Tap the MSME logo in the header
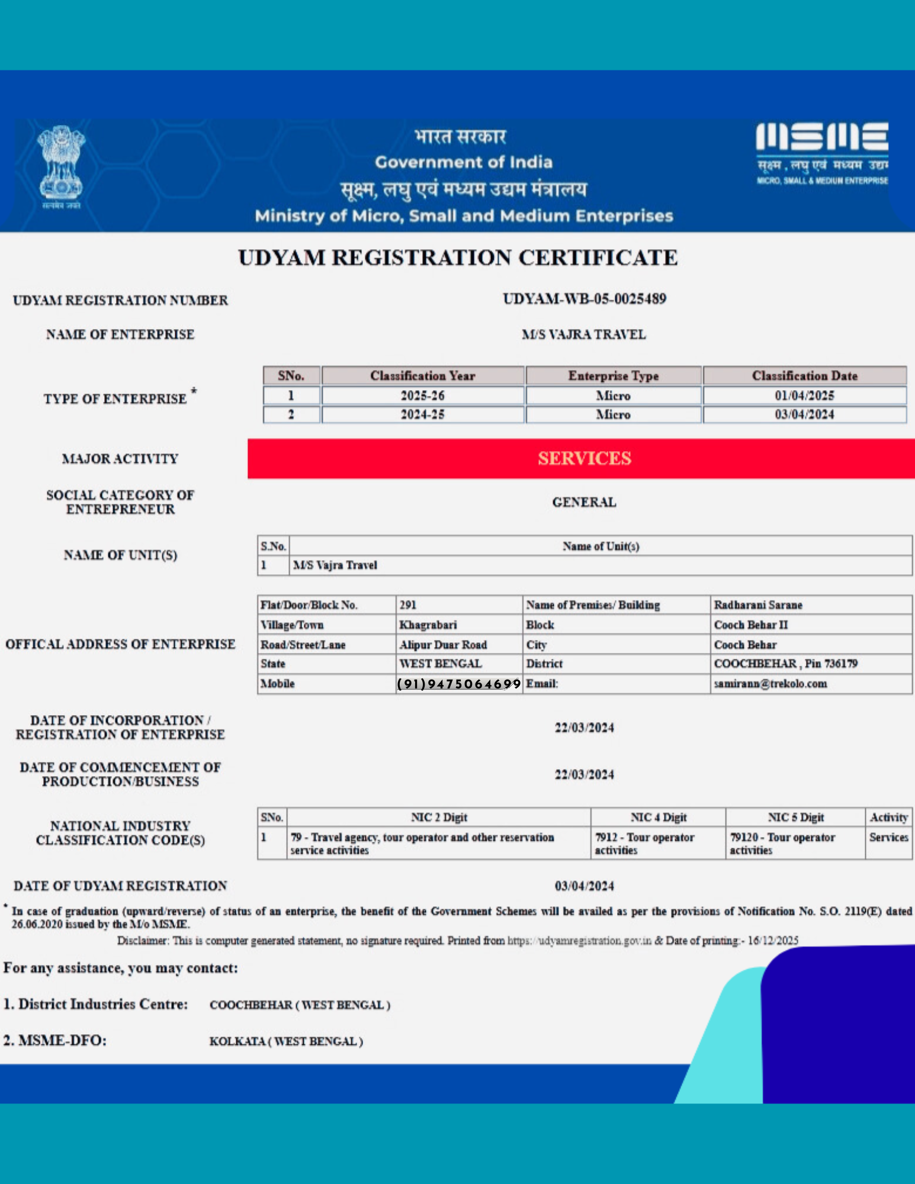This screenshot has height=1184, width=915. click(821, 152)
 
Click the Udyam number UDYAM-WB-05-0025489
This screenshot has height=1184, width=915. click(584, 299)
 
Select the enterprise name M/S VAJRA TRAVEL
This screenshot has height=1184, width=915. click(583, 334)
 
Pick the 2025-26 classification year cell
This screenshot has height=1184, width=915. click(422, 395)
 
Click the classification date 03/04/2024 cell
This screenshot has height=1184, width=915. click(804, 414)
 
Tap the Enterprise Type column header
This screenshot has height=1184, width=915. click(613, 376)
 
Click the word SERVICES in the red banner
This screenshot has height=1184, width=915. click(584, 458)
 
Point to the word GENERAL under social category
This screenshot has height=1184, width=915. click(584, 502)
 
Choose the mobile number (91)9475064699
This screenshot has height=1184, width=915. click(458, 684)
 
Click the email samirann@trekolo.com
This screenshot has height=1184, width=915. click(770, 684)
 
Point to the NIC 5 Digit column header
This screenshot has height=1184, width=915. click(795, 818)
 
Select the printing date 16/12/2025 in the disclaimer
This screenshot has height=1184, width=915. click(772, 941)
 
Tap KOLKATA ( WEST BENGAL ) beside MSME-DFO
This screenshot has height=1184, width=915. click(285, 1041)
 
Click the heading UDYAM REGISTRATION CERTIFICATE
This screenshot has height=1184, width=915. click(457, 258)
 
